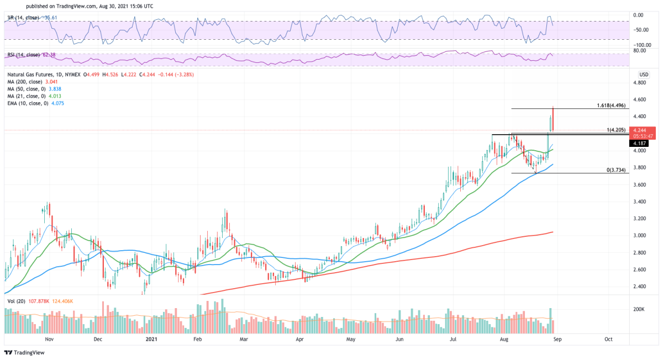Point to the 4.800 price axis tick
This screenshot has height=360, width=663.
pyautogui.click(x=640, y=83)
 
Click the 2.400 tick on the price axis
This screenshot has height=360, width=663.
pyautogui.click(x=640, y=287)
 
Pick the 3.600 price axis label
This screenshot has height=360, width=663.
pyautogui.click(x=640, y=184)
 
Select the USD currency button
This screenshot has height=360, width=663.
pyautogui.click(x=643, y=75)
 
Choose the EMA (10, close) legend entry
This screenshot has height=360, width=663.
pyautogui.click(x=35, y=102)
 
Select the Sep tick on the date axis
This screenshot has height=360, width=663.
pyautogui.click(x=559, y=340)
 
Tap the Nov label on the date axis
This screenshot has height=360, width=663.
pyautogui.click(x=49, y=340)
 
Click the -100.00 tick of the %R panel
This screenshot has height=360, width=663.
pyautogui.click(x=641, y=45)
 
